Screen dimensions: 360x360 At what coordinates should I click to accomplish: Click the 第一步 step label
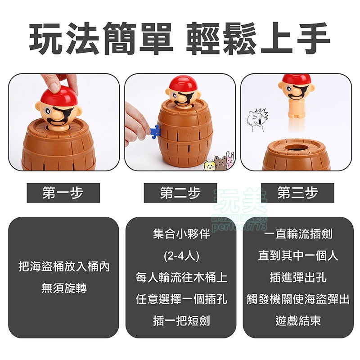(63, 193)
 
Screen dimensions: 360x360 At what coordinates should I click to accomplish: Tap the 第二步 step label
(180, 193)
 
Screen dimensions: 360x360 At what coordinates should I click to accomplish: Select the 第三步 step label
(297, 193)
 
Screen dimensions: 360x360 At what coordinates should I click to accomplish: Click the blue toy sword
(153, 131)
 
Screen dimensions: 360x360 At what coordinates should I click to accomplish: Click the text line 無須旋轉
(63, 288)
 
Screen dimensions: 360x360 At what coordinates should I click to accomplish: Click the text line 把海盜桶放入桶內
(63, 267)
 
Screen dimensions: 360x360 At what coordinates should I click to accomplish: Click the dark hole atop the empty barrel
(297, 147)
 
